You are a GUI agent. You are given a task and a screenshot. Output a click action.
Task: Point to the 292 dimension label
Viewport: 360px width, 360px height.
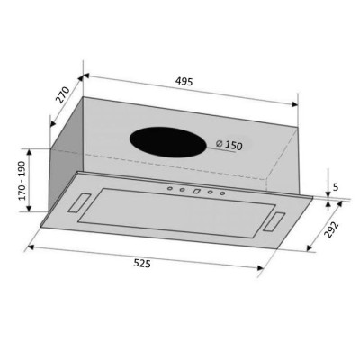pos(332,230)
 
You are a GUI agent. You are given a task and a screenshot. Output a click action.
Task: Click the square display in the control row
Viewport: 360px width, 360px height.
pos(194,191)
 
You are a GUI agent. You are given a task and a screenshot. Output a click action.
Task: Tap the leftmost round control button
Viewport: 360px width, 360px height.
pos(168,188)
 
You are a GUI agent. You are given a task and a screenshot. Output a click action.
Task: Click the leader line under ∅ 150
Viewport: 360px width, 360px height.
pos(225,151)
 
